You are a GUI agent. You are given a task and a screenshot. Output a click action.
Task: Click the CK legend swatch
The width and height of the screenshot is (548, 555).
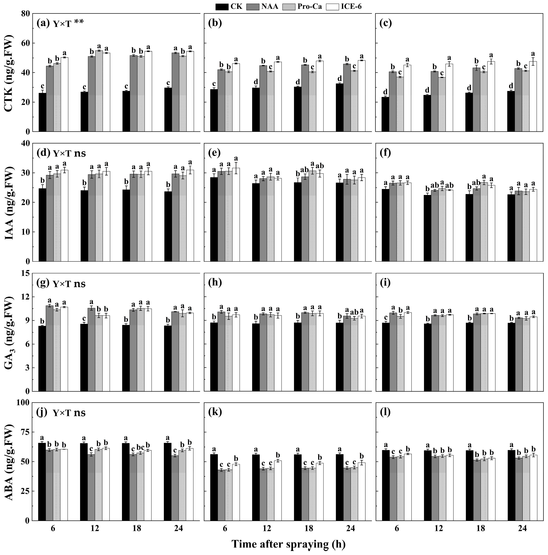click(x=222, y=6)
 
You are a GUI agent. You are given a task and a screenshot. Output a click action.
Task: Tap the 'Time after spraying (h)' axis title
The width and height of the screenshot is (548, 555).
click(x=288, y=544)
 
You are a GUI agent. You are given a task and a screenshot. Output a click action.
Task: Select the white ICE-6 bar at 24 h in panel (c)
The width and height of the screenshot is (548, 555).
click(x=533, y=96)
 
